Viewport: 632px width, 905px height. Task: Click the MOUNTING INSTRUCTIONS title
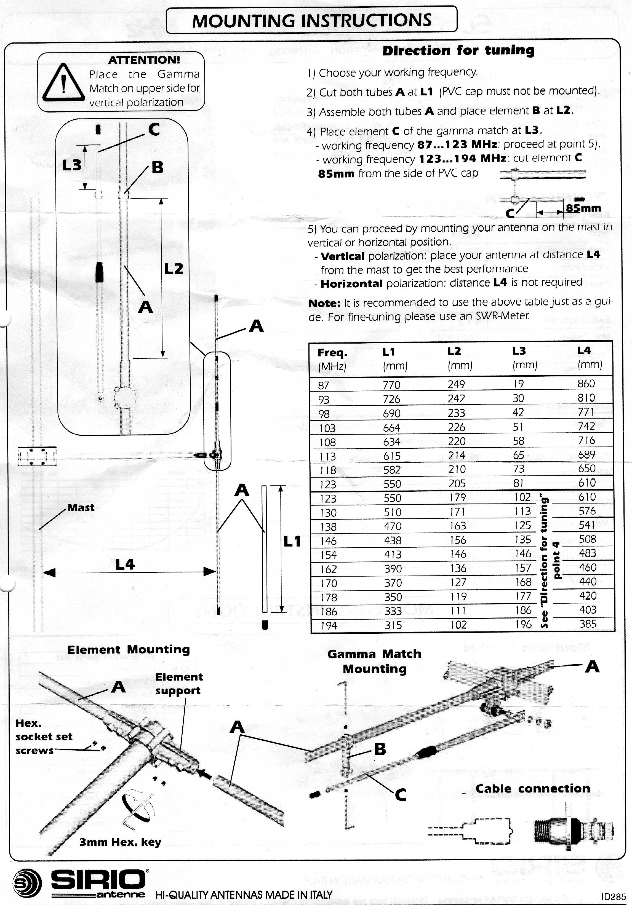click(x=311, y=20)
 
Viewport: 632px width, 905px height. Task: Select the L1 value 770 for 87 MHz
click(x=391, y=385)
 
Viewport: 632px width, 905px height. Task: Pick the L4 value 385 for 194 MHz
click(x=588, y=623)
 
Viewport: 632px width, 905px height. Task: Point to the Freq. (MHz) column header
click(x=332, y=359)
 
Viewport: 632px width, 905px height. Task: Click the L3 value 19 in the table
click(x=518, y=384)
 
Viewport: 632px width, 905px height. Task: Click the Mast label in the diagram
click(x=81, y=507)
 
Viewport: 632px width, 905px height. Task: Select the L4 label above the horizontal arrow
click(x=125, y=564)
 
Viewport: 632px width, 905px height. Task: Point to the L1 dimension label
click(x=292, y=541)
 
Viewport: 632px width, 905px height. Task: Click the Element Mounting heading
click(x=129, y=649)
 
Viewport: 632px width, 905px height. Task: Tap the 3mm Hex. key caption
click(x=120, y=842)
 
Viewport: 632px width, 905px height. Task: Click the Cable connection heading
click(x=532, y=788)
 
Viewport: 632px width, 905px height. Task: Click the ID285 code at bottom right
click(x=614, y=897)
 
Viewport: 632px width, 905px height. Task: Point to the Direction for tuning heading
click(x=458, y=50)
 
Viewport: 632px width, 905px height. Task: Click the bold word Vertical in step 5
click(x=342, y=256)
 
